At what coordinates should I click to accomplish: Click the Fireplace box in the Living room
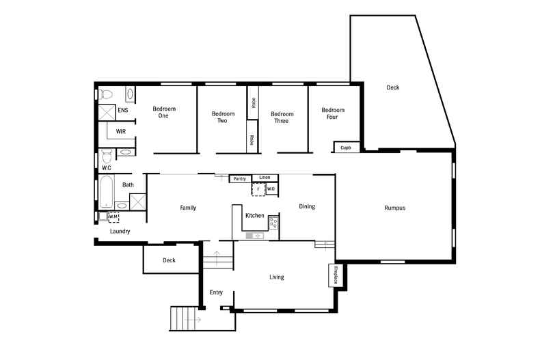click(x=334, y=275)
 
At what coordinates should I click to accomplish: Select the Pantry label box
click(x=239, y=179)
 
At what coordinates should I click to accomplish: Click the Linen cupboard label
click(x=265, y=178)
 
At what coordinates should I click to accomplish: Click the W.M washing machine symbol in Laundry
click(x=113, y=217)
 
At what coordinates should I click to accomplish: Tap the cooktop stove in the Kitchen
click(x=273, y=222)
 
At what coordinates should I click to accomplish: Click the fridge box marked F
click(x=258, y=189)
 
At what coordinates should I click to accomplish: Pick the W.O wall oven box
click(x=271, y=189)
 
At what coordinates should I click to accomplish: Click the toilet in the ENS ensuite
click(x=106, y=94)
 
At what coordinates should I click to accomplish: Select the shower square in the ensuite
click(x=106, y=113)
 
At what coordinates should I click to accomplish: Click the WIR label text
click(x=121, y=131)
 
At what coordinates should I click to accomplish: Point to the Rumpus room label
click(x=394, y=208)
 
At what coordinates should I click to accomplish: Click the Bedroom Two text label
click(x=223, y=117)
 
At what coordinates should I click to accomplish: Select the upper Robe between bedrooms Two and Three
click(x=252, y=102)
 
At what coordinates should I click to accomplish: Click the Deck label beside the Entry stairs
click(x=169, y=260)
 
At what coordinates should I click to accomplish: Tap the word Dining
click(x=307, y=206)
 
